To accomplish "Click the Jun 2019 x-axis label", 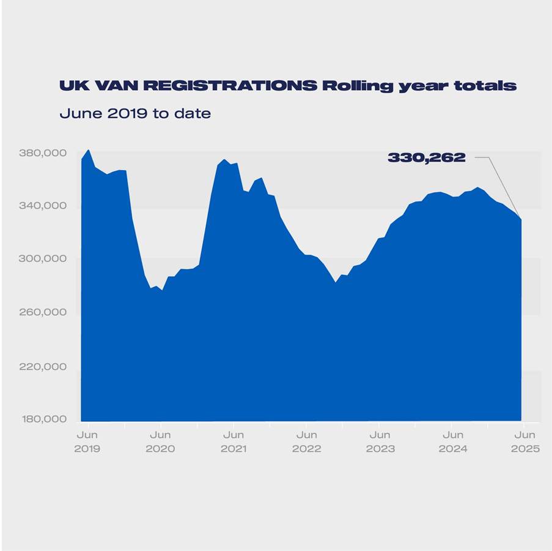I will tap(87, 441).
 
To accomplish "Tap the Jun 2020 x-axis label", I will tap(160, 441).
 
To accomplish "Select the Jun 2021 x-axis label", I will tap(233, 441).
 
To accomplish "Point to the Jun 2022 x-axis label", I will tap(306, 441).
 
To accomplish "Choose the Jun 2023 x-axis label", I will tap(380, 441).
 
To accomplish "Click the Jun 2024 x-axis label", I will tap(452, 441).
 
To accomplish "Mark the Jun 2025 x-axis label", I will tap(525, 441).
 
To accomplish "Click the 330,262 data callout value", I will tap(427, 158).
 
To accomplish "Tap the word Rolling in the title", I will tap(357, 86).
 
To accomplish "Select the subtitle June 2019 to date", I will tap(135, 114).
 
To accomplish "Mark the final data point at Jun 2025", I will tap(521, 219).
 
